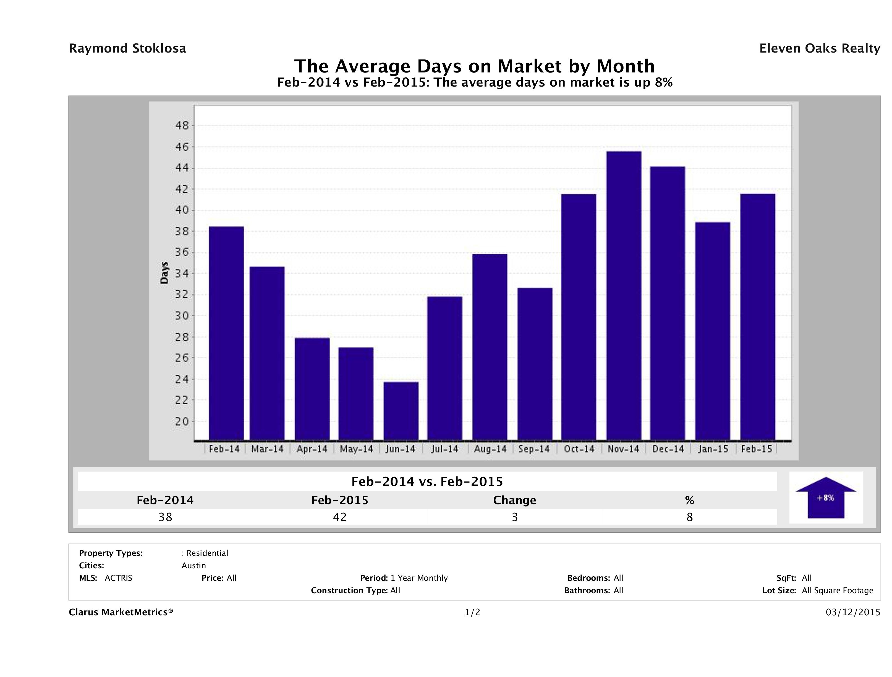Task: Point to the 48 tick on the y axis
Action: (x=182, y=126)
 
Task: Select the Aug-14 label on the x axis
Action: (x=490, y=449)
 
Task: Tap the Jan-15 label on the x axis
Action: (x=713, y=449)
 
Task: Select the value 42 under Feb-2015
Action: (x=339, y=517)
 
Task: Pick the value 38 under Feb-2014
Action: (x=165, y=517)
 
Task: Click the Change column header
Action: (x=515, y=500)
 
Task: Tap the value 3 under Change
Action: (x=515, y=517)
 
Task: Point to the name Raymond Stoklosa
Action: (x=127, y=48)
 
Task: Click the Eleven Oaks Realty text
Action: (x=819, y=48)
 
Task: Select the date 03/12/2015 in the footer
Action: (x=853, y=613)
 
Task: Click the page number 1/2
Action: (x=472, y=613)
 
